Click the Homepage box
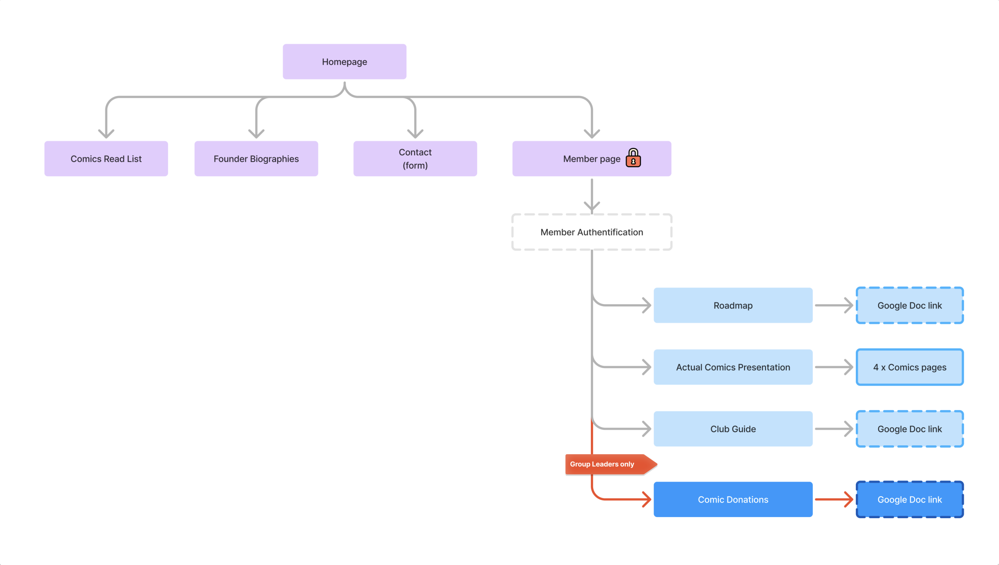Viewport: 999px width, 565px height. click(344, 62)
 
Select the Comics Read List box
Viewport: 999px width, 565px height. click(106, 159)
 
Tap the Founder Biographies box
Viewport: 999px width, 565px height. click(256, 159)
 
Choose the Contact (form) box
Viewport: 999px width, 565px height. click(415, 159)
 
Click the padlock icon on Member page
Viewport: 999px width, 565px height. click(633, 158)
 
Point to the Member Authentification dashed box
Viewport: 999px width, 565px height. click(592, 232)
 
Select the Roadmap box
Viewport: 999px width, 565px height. click(733, 305)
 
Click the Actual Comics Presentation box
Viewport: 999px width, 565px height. click(733, 367)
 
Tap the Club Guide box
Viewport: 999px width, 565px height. click(733, 429)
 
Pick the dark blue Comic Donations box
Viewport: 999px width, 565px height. click(733, 499)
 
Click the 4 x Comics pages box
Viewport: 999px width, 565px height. click(909, 367)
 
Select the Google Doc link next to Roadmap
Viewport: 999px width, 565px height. click(909, 305)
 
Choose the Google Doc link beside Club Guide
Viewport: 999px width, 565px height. click(909, 429)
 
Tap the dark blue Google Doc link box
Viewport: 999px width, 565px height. click(909, 499)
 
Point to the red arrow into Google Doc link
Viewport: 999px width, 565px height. click(834, 499)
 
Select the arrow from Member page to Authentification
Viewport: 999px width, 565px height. click(592, 195)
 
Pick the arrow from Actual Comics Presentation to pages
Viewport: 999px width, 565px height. click(834, 367)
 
